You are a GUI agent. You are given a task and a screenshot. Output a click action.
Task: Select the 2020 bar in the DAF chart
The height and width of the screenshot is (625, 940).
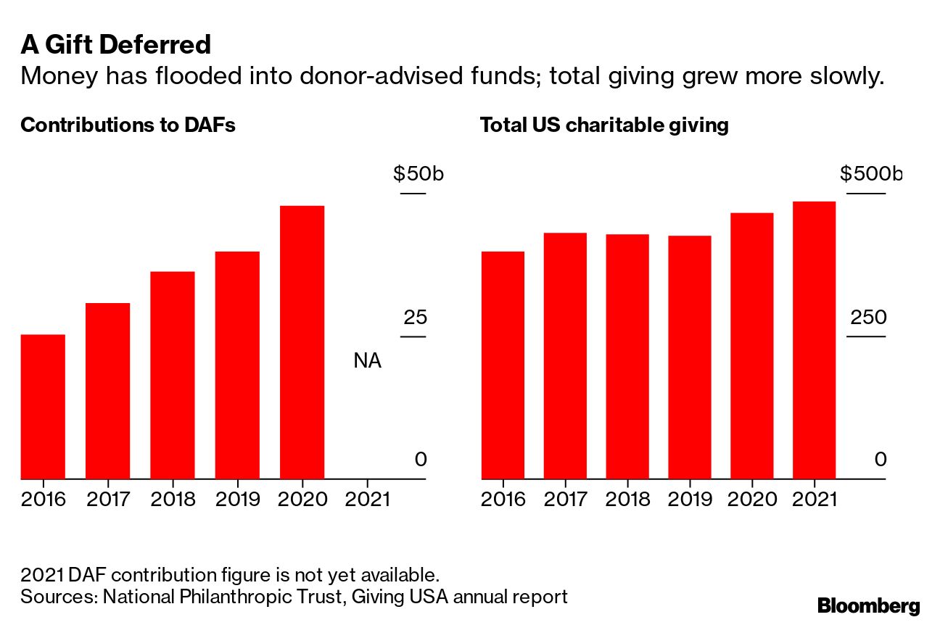pyautogui.click(x=302, y=342)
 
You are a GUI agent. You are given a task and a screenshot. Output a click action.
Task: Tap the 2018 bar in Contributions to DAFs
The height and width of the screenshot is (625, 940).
pyautogui.click(x=173, y=375)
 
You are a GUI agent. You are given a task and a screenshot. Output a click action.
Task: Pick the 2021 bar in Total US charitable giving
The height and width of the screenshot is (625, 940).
pyautogui.click(x=814, y=340)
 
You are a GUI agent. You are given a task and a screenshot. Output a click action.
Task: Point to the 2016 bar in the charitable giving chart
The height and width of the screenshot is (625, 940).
pyautogui.click(x=503, y=365)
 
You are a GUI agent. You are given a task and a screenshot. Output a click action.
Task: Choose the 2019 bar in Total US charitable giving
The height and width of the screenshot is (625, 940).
pyautogui.click(x=689, y=357)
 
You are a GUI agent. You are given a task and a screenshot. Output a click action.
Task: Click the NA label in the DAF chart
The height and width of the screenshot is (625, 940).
pyautogui.click(x=367, y=360)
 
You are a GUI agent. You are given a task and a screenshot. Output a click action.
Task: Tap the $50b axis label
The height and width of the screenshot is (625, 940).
pyautogui.click(x=418, y=174)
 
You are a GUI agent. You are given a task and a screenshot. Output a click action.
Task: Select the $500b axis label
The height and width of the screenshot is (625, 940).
pyautogui.click(x=870, y=174)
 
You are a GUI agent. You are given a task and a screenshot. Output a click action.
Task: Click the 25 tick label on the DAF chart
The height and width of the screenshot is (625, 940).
pyautogui.click(x=415, y=318)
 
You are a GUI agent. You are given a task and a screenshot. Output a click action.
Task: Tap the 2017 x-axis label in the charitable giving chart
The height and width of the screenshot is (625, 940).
pyautogui.click(x=565, y=499)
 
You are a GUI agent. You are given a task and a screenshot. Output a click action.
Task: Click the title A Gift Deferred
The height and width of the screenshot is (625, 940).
pyautogui.click(x=116, y=45)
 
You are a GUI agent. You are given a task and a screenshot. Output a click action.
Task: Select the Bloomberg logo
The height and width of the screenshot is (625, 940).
pyautogui.click(x=868, y=605)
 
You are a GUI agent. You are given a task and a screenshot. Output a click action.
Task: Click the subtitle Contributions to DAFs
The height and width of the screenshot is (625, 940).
pyautogui.click(x=128, y=125)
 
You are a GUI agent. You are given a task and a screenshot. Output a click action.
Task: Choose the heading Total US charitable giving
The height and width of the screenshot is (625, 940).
pyautogui.click(x=603, y=125)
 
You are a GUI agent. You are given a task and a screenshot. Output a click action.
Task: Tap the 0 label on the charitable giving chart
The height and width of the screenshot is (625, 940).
pyautogui.click(x=880, y=459)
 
